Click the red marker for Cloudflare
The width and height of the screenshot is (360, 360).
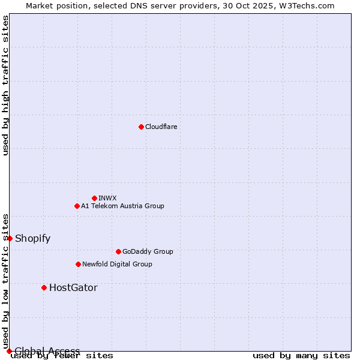[x=141, y=127]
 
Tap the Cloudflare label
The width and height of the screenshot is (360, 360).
[x=161, y=127]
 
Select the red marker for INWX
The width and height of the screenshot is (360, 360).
[x=94, y=198]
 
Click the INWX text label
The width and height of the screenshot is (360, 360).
[x=107, y=198]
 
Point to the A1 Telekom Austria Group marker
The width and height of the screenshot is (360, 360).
[x=77, y=206]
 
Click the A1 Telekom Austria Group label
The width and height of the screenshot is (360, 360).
[x=122, y=206]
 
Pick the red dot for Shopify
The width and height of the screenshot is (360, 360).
[x=10, y=238]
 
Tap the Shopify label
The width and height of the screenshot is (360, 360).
[x=32, y=238]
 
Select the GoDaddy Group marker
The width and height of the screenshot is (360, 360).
[x=118, y=251]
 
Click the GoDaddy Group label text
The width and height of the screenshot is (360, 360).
[x=148, y=251]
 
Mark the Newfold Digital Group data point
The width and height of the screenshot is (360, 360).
[x=78, y=264]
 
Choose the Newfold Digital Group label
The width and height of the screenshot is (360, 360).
[x=117, y=264]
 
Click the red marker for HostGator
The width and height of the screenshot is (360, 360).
[x=44, y=287]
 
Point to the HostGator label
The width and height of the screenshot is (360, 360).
[x=73, y=287]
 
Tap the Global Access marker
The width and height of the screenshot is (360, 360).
[x=9, y=351]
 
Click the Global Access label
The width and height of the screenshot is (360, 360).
[x=47, y=351]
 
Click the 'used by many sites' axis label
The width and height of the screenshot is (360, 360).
[x=301, y=355]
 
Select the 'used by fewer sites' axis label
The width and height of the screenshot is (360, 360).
[x=62, y=355]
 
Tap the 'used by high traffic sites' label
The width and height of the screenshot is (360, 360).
[x=6, y=85]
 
